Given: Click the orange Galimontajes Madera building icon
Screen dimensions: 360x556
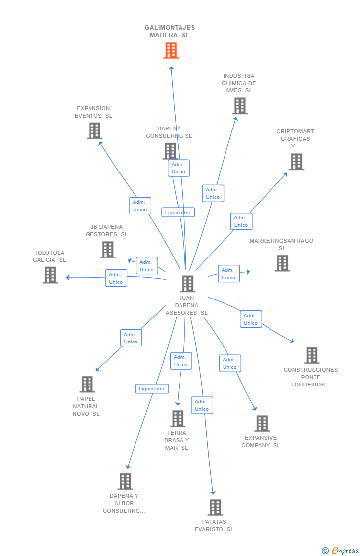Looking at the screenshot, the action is click(x=171, y=50).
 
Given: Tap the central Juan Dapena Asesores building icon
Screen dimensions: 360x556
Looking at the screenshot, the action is click(x=187, y=284).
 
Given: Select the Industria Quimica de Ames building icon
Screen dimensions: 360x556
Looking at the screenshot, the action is click(x=240, y=106).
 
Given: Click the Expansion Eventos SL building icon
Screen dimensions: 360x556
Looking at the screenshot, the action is click(x=95, y=131).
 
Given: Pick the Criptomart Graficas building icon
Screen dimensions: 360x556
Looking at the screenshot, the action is click(x=297, y=162).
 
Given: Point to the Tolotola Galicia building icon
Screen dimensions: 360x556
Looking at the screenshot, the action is click(x=50, y=275).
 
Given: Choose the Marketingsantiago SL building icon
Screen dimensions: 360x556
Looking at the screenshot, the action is click(x=282, y=263).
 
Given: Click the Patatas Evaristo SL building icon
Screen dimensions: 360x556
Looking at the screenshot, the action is click(x=215, y=508).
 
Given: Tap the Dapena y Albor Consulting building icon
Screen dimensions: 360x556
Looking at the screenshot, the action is click(x=125, y=481).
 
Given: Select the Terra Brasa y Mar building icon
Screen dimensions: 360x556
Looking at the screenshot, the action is click(x=178, y=419).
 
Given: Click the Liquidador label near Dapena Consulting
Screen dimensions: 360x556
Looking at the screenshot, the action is click(x=178, y=213).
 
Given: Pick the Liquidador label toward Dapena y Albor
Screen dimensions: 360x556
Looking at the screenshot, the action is click(x=152, y=388).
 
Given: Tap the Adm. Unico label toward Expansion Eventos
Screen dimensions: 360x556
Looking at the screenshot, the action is click(x=140, y=206).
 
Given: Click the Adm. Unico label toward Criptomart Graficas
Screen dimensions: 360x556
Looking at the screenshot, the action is click(x=241, y=221).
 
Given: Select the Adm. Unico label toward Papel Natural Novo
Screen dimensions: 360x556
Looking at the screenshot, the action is click(x=131, y=338).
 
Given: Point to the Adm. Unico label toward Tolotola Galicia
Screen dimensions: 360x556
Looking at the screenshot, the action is click(x=116, y=278).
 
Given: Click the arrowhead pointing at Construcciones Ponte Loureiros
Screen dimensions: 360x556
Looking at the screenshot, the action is click(x=292, y=341).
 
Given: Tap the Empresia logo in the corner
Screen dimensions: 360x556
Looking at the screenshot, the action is click(x=341, y=551).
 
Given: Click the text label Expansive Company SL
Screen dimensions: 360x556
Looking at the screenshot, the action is click(x=261, y=442).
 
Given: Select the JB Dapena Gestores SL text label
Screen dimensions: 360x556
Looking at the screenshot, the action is click(x=107, y=230).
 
